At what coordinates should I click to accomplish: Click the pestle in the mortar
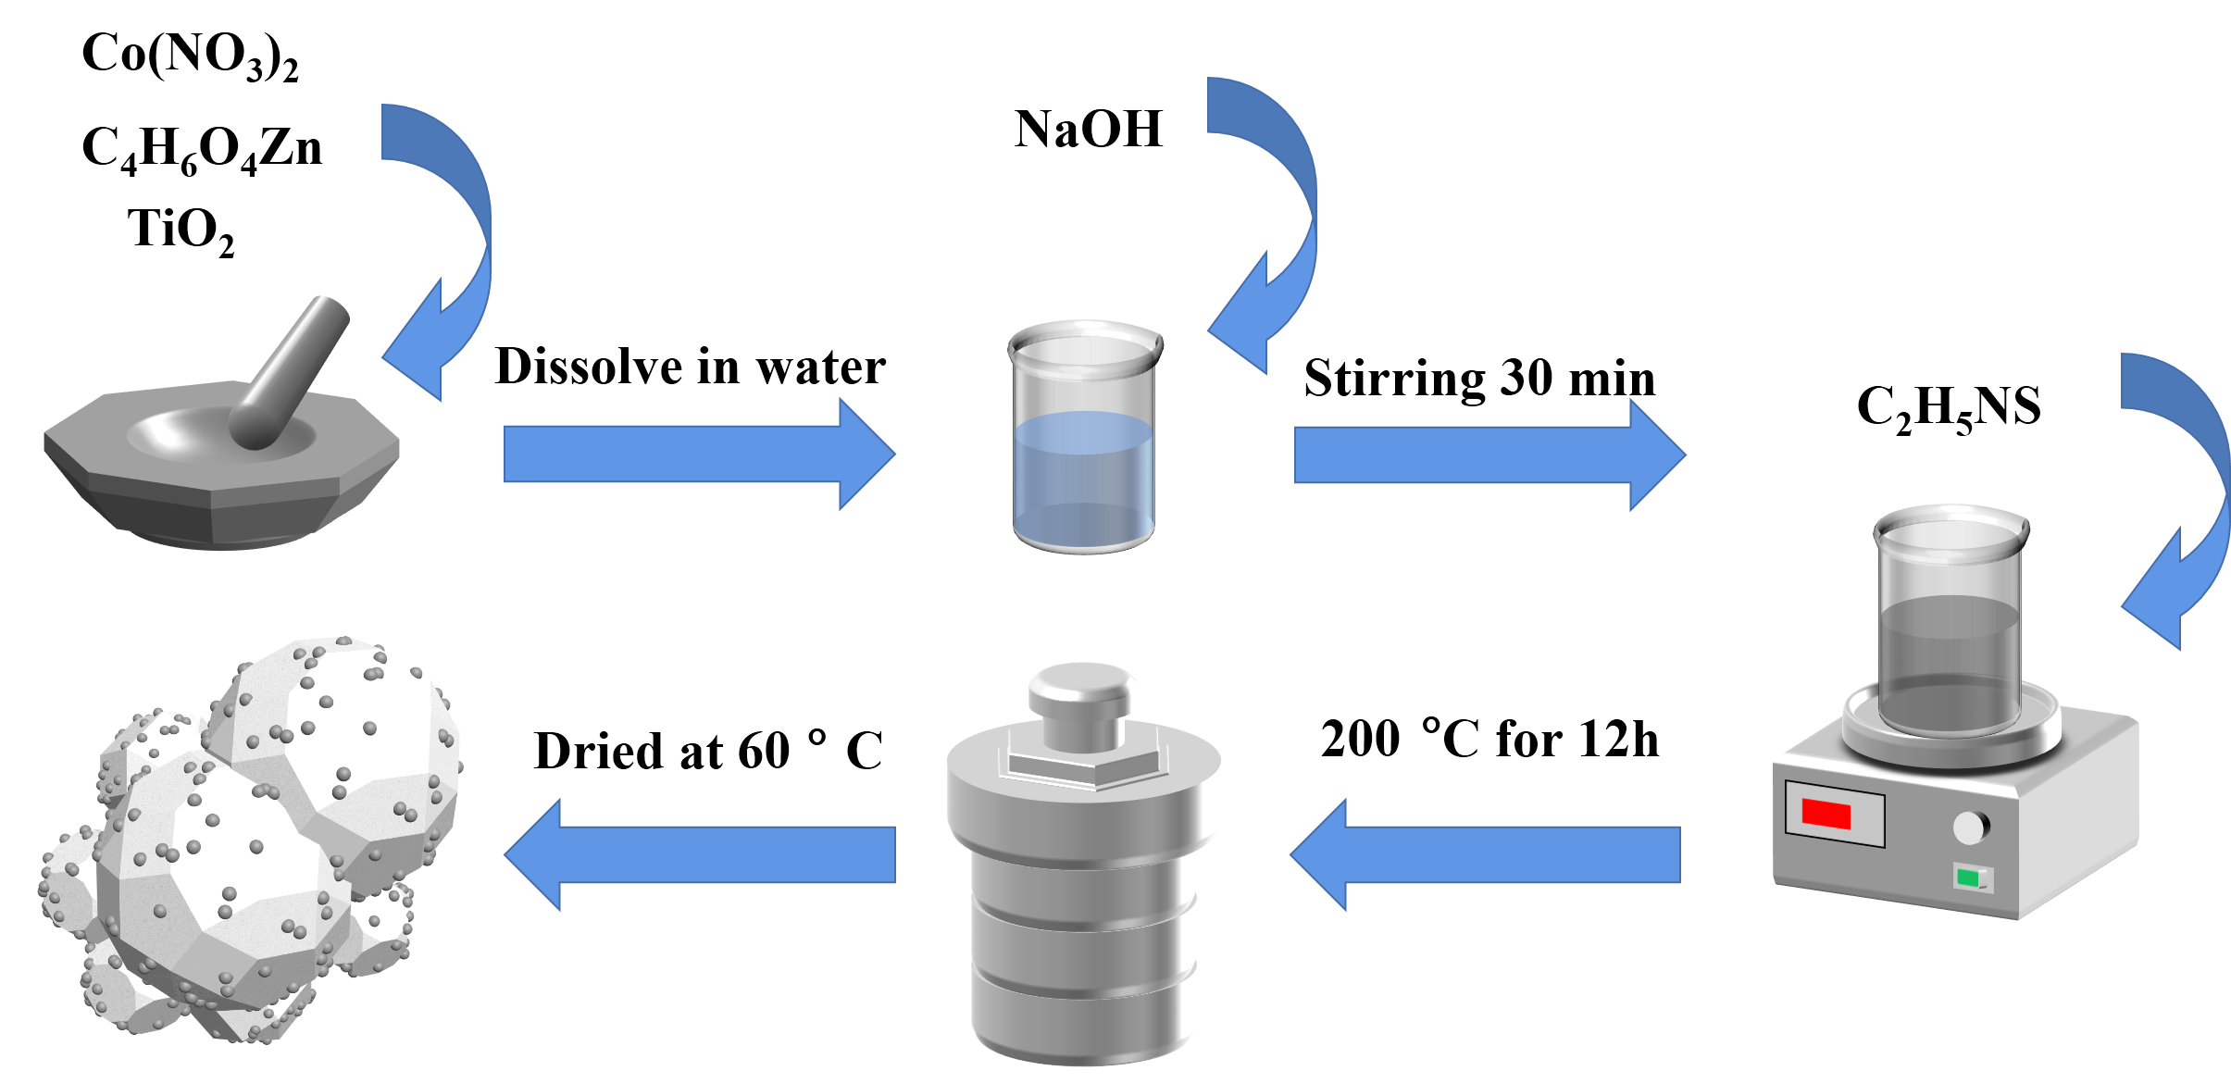[x=289, y=370]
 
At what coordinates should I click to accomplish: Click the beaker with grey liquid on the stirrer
[x=1950, y=629]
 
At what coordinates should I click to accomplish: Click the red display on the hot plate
[x=1826, y=815]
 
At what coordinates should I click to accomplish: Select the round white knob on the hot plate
[x=1971, y=827]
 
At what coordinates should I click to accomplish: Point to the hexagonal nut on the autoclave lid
[x=1083, y=764]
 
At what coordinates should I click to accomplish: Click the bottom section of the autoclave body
[x=1083, y=1018]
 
